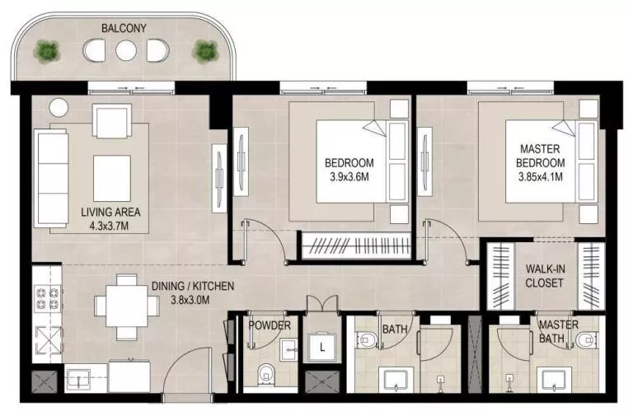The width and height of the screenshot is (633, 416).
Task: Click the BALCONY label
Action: pyautogui.click(x=124, y=28)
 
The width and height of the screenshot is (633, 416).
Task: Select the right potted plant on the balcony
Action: pyautogui.click(x=204, y=52)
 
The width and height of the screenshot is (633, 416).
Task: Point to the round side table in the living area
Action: pyautogui.click(x=58, y=107)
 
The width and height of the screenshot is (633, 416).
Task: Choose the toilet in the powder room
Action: pyautogui.click(x=265, y=375)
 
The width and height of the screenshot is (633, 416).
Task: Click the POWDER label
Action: pyautogui.click(x=270, y=326)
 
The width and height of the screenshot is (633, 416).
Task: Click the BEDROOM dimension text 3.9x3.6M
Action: pyautogui.click(x=349, y=175)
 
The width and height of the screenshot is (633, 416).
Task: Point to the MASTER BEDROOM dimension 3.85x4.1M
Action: pyautogui.click(x=541, y=175)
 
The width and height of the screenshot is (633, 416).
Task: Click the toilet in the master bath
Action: pyautogui.click(x=588, y=340)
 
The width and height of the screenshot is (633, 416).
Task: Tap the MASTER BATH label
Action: pyautogui.click(x=559, y=331)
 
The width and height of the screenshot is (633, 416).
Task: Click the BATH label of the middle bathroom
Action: pyautogui.click(x=395, y=330)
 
